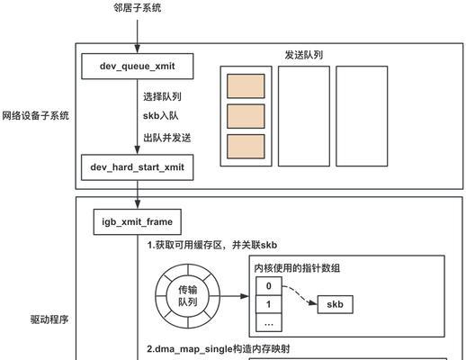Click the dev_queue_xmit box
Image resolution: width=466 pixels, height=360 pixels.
click(138, 67)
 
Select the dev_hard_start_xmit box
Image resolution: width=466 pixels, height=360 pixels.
click(137, 167)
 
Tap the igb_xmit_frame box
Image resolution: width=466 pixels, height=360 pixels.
click(138, 222)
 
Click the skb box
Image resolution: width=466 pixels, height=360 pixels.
click(335, 304)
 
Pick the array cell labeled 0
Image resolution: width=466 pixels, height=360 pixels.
click(269, 286)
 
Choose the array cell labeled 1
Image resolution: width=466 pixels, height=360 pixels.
click(269, 304)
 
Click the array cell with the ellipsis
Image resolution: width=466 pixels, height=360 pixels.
click(269, 323)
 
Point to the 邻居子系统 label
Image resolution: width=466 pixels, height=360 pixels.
click(138, 8)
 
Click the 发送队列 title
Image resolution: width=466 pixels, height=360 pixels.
click(303, 55)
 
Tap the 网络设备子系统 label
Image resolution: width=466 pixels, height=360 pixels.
click(35, 115)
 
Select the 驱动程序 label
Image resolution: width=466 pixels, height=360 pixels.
click(49, 319)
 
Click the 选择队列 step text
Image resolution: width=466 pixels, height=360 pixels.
click(162, 96)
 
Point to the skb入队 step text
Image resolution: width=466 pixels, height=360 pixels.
click(160, 116)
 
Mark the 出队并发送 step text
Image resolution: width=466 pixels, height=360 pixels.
click(166, 138)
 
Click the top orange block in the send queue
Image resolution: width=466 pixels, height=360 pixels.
click(246, 86)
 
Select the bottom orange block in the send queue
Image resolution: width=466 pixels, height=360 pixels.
click(246, 147)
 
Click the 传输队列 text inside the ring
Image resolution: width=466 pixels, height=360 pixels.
click(188, 296)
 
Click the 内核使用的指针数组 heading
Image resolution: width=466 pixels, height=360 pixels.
click(297, 268)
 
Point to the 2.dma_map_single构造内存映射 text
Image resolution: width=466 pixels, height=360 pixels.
click(219, 349)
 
